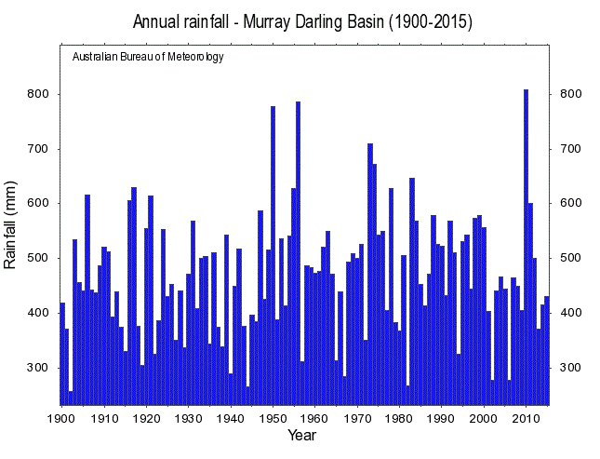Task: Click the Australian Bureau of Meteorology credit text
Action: point(148,57)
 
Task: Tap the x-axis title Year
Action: point(301,435)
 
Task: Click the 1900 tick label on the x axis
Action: point(61,418)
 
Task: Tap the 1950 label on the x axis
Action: point(273,418)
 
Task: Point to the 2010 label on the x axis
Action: point(527,418)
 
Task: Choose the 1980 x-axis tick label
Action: point(399,418)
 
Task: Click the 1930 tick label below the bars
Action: point(188,418)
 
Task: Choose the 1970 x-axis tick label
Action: point(357,418)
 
